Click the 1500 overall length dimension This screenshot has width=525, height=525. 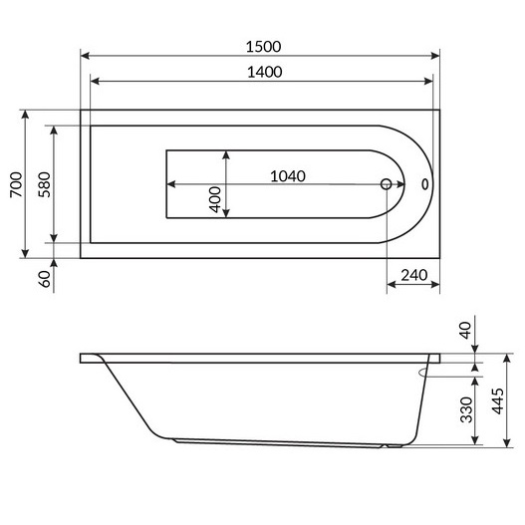point(261,46)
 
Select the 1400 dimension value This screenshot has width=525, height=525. point(261,71)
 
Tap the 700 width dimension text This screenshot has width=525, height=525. point(15,186)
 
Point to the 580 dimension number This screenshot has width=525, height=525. point(42,186)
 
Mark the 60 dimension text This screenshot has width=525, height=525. point(44,279)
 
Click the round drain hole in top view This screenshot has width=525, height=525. point(388,184)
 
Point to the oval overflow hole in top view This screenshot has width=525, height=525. point(425,184)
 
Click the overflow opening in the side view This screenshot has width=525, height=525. point(426,371)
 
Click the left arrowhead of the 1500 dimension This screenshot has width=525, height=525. point(85,56)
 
